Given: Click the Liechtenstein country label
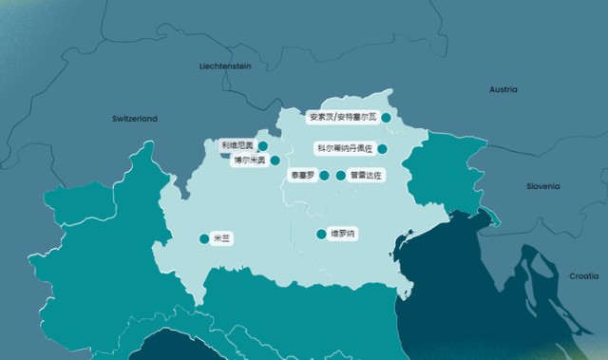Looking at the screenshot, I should [x=225, y=66].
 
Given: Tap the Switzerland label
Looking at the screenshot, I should [x=134, y=119].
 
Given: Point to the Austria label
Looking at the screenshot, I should [x=503, y=89].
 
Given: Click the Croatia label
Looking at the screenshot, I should [x=584, y=275].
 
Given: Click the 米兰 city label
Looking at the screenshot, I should [x=222, y=239].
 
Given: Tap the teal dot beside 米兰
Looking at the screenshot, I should [x=203, y=239].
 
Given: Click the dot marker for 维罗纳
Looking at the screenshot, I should [x=321, y=234].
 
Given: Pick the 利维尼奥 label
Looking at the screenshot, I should [x=237, y=145].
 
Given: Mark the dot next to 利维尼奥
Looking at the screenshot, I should [x=262, y=146].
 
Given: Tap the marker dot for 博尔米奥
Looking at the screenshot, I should [x=275, y=161].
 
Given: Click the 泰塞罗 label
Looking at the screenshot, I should [x=303, y=176].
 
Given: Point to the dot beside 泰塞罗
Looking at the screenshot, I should [x=324, y=176].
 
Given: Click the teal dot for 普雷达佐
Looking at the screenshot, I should [x=341, y=176].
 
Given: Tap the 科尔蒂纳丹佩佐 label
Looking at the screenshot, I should [x=344, y=149].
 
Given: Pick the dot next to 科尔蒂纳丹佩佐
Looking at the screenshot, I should [x=382, y=149].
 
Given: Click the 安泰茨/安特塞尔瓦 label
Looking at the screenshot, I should [x=342, y=118].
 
